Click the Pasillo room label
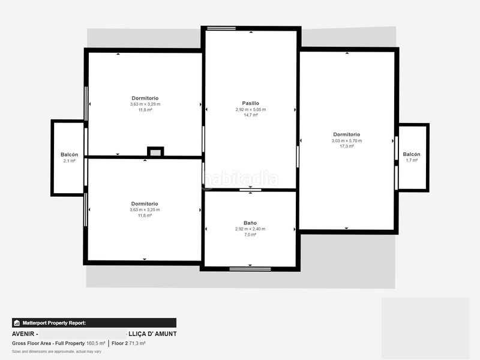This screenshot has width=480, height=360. click(x=250, y=103)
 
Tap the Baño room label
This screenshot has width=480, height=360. click(x=250, y=223)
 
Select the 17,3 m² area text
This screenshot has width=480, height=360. click(x=347, y=146)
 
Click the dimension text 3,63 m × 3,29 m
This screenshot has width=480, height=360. click(x=145, y=104)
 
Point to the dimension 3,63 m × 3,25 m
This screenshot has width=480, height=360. click(x=145, y=209)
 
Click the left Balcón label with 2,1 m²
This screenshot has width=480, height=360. click(x=69, y=155)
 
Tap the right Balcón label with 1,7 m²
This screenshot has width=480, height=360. click(x=412, y=154)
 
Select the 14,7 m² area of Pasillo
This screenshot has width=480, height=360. click(x=250, y=115)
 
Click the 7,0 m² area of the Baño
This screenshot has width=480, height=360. click(x=250, y=235)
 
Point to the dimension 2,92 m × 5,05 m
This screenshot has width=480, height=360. click(x=250, y=109)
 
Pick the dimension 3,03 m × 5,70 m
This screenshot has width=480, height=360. click(x=347, y=140)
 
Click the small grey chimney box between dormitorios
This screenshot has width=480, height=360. click(x=155, y=152)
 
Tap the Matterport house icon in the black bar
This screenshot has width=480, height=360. click(x=17, y=323)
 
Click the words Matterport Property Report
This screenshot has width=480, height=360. click(x=54, y=323)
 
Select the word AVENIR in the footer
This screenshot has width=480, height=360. click(x=23, y=334)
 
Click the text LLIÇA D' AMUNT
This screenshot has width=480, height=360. click(x=152, y=334)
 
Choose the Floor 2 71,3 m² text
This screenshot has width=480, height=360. click(x=128, y=343)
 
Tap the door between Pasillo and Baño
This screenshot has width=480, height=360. click(x=250, y=190)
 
